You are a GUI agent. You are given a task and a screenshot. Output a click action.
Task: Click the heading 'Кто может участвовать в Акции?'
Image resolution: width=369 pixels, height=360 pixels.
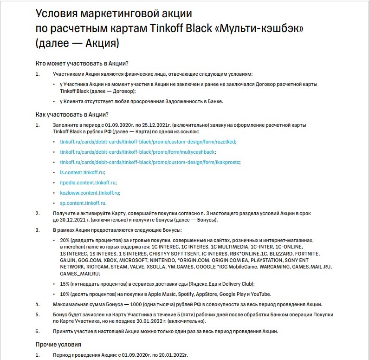[x=82, y=63]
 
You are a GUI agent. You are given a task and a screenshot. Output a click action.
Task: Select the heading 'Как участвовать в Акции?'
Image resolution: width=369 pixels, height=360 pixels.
[x=72, y=114]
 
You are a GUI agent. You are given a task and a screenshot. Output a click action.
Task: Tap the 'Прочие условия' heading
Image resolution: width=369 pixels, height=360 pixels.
[x=58, y=344]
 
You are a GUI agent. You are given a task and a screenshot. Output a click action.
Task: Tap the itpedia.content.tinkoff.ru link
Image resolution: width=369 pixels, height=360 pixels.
[x=88, y=183]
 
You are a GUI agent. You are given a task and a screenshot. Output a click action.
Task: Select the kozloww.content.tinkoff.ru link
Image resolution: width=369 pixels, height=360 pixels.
[x=90, y=193]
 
